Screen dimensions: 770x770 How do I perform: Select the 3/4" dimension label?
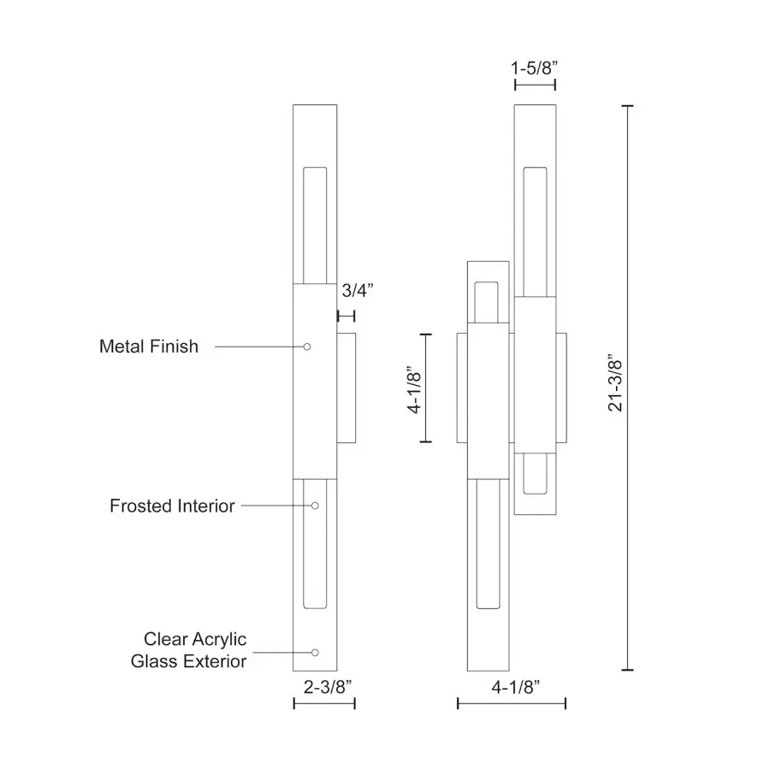click(358, 290)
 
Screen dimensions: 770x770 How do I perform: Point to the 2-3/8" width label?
click(324, 685)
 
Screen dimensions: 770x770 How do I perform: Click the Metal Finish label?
click(149, 346)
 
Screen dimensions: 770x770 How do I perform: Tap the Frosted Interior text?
click(172, 506)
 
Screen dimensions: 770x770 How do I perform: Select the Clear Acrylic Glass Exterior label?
click(188, 650)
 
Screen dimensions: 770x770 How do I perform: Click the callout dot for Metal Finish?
click(307, 346)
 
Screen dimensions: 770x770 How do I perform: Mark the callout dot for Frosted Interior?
click(316, 506)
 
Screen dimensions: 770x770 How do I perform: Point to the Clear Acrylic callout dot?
click(315, 653)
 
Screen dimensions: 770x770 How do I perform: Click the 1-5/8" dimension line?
click(535, 84)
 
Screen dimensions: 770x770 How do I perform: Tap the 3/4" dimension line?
click(346, 317)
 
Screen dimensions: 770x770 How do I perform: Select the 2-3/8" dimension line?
click(324, 703)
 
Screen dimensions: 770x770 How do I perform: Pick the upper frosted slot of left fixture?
click(316, 224)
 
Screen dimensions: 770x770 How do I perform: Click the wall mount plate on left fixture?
click(346, 388)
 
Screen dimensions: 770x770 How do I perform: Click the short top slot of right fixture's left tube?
click(486, 299)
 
